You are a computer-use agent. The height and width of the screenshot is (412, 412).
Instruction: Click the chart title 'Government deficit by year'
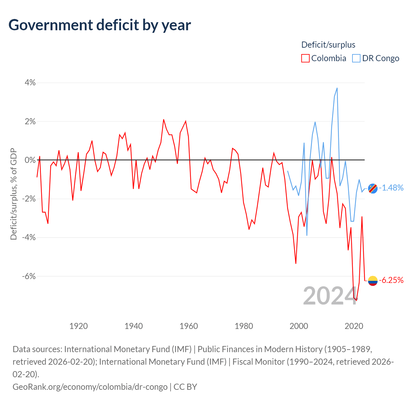(99, 25)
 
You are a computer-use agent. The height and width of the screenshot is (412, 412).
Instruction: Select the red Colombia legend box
(305, 58)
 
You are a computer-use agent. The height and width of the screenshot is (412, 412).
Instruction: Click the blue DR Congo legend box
(356, 58)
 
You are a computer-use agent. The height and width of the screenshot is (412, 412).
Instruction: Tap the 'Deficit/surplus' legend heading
(328, 45)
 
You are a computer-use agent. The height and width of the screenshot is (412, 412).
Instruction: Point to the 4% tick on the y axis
(30, 82)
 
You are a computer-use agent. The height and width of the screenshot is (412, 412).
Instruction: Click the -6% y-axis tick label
(29, 276)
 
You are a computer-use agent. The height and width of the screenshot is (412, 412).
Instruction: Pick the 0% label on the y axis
(30, 160)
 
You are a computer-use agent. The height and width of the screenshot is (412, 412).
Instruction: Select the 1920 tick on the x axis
(79, 326)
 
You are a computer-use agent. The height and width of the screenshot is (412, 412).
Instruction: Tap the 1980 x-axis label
(244, 326)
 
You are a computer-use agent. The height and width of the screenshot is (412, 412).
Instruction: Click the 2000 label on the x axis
(299, 326)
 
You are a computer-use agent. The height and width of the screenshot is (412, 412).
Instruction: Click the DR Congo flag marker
(373, 188)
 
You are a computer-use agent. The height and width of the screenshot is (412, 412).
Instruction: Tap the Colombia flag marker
(373, 281)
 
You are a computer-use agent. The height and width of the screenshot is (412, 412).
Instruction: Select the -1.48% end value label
(391, 188)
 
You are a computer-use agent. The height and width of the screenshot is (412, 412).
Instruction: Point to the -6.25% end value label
(391, 280)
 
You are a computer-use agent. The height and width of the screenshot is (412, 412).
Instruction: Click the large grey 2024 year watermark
(330, 296)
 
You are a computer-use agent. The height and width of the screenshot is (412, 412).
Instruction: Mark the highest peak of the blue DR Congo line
(337, 88)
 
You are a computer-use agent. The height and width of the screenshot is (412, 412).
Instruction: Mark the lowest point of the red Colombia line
(356, 300)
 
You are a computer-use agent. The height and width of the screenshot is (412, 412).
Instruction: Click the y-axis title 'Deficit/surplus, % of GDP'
(14, 194)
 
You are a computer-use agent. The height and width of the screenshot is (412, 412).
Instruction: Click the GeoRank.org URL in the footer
(90, 387)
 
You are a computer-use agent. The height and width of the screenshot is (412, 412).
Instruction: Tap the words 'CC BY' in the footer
(185, 387)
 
